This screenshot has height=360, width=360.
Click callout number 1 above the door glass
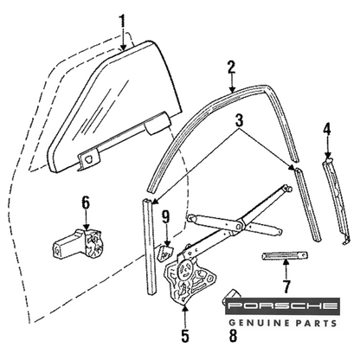(x=123, y=21)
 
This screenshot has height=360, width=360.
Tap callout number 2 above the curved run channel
(x=231, y=68)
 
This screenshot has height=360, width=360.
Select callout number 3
(x=240, y=121)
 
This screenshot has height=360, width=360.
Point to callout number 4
(x=327, y=131)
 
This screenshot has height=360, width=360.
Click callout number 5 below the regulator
(x=185, y=336)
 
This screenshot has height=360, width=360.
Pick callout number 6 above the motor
(x=86, y=203)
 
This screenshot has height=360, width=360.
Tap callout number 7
(x=286, y=286)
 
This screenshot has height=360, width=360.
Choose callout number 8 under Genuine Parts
(x=233, y=336)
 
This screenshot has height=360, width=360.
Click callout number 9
(x=166, y=217)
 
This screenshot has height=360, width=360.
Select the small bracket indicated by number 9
(x=164, y=253)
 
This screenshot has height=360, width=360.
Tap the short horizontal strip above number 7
(x=284, y=255)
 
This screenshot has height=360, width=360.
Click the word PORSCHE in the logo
(x=282, y=306)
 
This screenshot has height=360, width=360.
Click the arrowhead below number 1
(x=123, y=48)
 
